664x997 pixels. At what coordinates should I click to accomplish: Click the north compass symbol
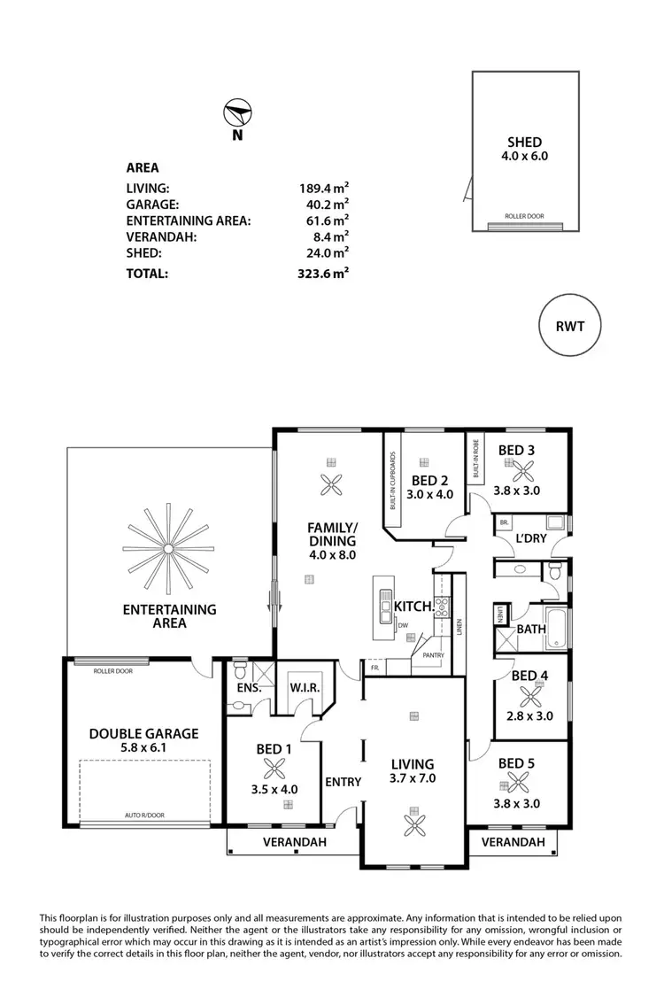click(238, 114)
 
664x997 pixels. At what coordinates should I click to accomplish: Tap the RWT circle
click(569, 326)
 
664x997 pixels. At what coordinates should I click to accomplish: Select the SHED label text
click(524, 142)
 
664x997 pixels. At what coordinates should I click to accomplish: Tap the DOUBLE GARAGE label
click(143, 733)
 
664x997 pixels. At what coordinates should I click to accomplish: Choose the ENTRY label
click(343, 781)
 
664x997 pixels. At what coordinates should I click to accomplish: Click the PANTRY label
click(433, 656)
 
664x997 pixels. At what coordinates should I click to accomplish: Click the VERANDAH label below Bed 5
click(513, 842)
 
